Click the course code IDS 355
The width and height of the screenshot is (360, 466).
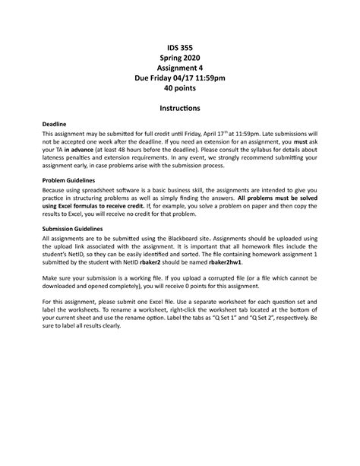[x=180, y=48]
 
